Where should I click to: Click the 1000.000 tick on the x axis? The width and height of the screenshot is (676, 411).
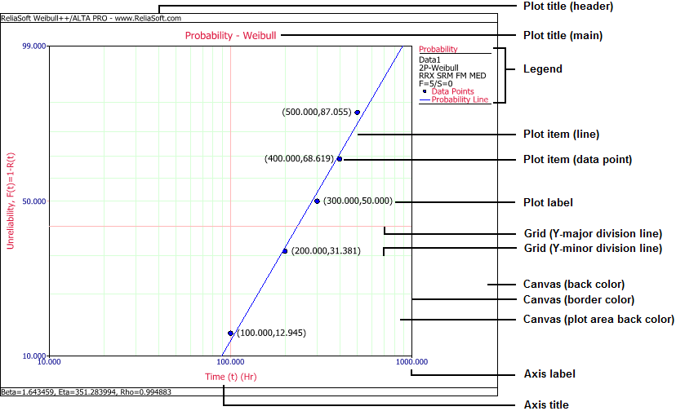click(411, 361)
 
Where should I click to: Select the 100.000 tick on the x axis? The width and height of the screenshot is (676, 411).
click(230, 361)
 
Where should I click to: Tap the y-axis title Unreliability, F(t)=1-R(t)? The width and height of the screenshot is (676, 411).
click(11, 201)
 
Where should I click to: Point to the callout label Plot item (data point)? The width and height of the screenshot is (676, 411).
click(576, 158)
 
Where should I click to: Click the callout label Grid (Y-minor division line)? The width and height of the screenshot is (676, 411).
click(592, 248)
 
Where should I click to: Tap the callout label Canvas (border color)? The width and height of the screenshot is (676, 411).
click(573, 300)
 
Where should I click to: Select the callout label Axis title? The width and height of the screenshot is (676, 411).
click(545, 404)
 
